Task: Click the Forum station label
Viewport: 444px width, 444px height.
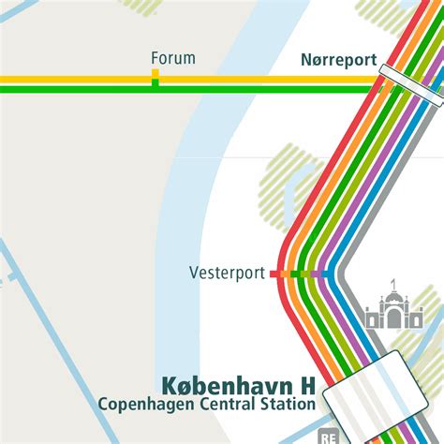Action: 173,58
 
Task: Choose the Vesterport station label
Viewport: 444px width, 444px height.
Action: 227,274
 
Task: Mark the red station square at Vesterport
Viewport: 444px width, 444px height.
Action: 274,274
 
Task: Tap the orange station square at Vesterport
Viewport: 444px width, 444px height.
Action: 285,274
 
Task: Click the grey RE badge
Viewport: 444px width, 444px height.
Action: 328,437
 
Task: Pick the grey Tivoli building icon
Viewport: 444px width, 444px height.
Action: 393,310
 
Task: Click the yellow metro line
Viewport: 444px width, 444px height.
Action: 75,79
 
